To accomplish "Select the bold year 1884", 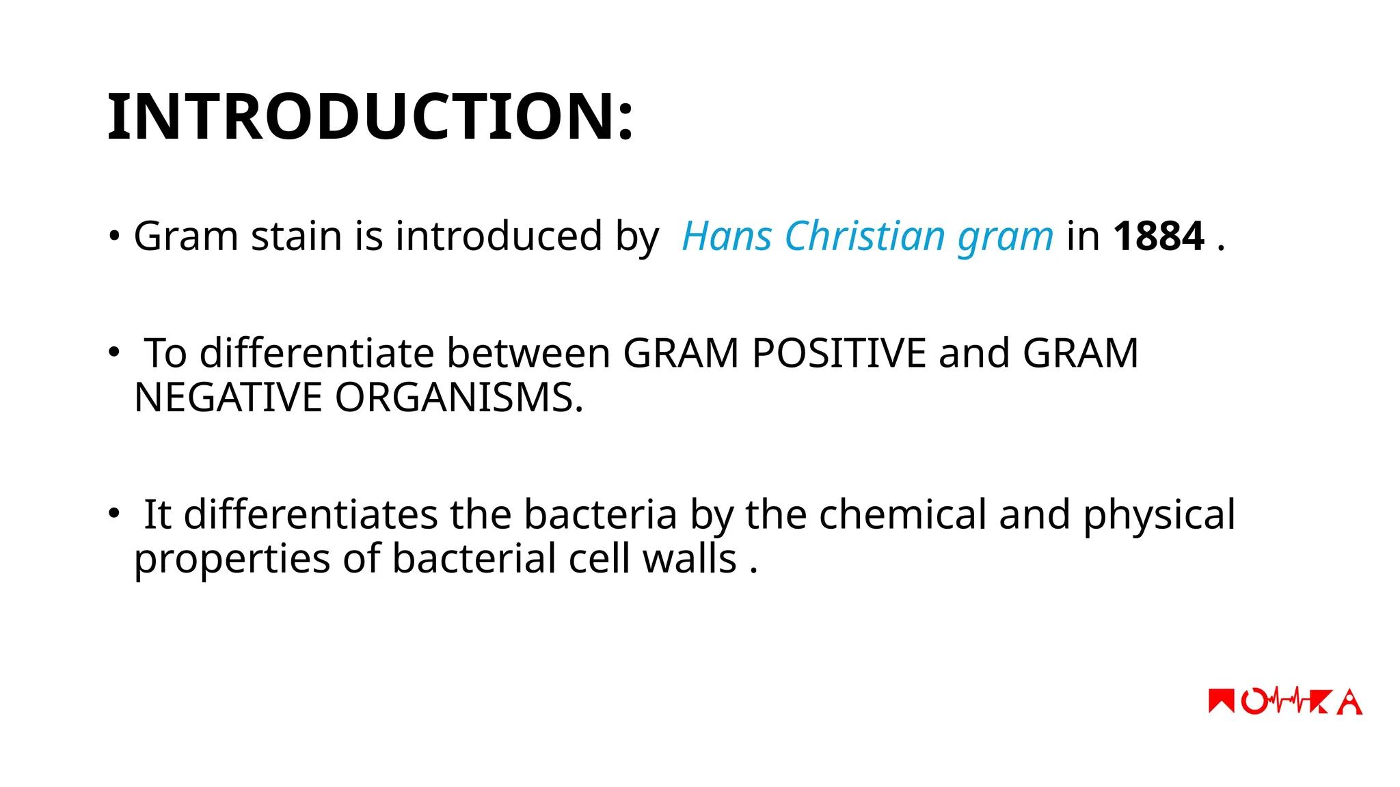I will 1158,236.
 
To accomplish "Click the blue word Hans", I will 727,236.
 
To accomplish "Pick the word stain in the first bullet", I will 296,236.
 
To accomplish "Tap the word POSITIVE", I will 839,354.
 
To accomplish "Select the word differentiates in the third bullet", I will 310,514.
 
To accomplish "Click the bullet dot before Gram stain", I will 114,237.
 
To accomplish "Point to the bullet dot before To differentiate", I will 113,353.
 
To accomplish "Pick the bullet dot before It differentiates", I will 113,513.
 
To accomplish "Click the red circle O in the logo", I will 1254,702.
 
